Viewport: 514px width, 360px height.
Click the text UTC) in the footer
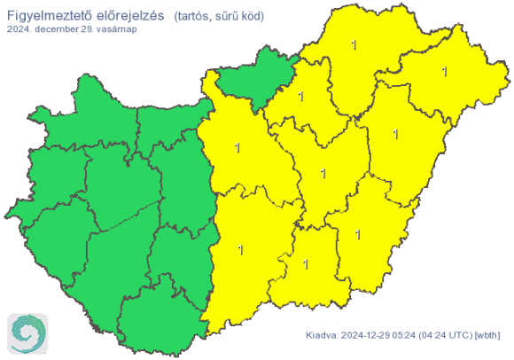click(464, 335)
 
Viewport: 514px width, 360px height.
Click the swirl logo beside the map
click(26, 333)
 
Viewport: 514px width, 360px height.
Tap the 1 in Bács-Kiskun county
click(240, 251)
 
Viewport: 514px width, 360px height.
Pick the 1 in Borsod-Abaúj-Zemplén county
click(355, 45)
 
